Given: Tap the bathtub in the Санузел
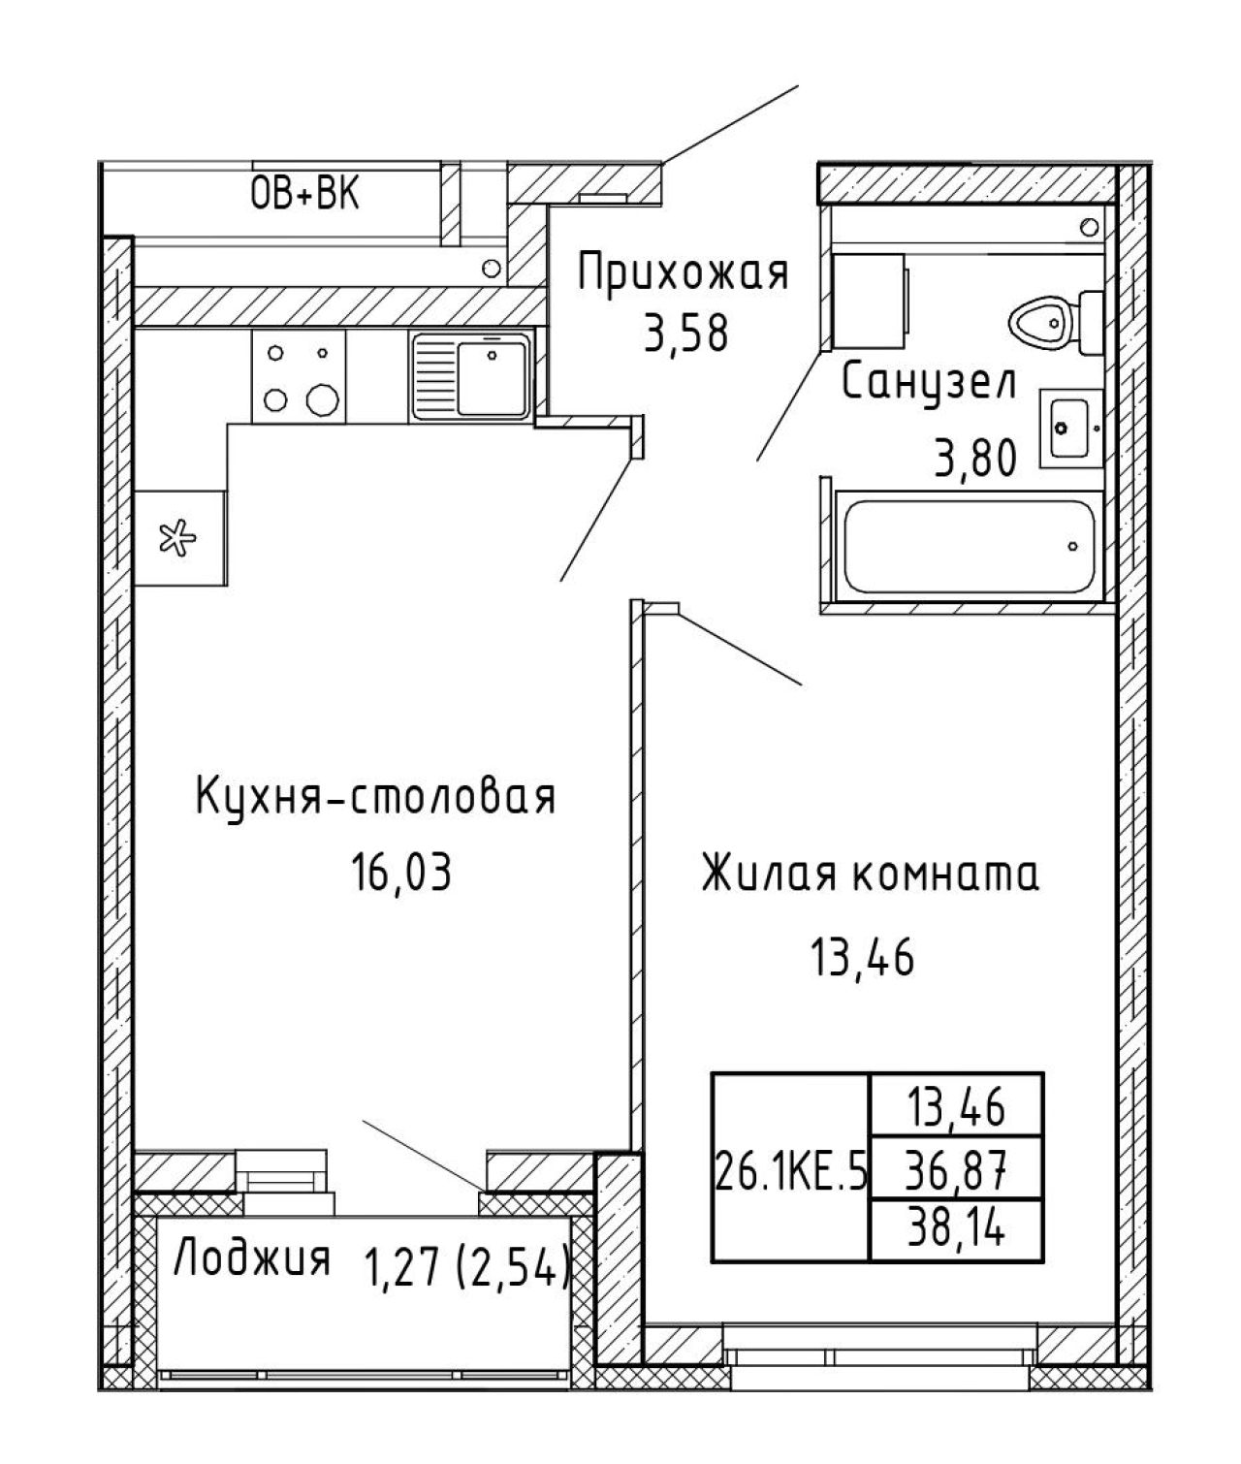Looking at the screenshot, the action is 969,546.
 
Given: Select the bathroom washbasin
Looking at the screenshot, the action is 1071,428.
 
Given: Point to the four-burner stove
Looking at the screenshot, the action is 299,377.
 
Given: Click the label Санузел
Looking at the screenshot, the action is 929,384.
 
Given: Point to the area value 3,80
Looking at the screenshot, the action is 975,458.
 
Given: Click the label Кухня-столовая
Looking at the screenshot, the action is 375,798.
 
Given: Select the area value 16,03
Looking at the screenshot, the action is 400,872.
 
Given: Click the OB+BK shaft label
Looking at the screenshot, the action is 305,193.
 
